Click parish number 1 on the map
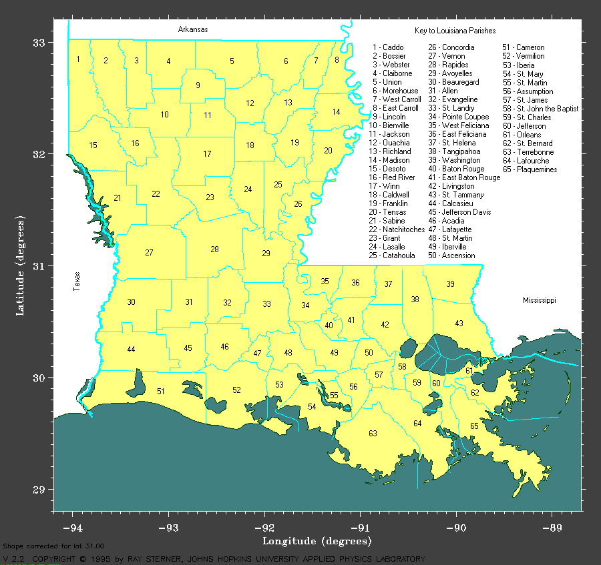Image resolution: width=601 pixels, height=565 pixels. click(x=78, y=59)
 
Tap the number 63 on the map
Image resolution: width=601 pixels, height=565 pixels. click(x=373, y=434)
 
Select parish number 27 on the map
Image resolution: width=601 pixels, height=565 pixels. click(x=149, y=253)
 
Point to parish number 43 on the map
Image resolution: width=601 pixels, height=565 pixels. click(x=459, y=324)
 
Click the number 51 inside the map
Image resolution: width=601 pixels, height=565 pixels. click(x=160, y=392)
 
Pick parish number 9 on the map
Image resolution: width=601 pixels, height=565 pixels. click(x=198, y=85)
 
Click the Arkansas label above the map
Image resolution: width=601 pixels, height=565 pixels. click(x=192, y=29)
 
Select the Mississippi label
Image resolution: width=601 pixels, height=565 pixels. click(x=539, y=301)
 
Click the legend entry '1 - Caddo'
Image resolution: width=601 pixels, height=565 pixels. click(x=388, y=47)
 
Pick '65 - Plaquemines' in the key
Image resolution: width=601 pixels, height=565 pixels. click(x=534, y=169)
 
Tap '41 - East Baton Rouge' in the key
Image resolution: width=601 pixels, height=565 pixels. click(x=464, y=178)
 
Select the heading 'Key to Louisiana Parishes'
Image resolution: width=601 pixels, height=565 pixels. click(x=455, y=31)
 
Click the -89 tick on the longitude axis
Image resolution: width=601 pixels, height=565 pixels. click(x=552, y=528)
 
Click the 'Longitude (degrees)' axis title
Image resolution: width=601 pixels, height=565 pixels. click(x=317, y=541)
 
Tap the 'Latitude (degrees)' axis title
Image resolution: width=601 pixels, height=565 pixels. click(x=21, y=265)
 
